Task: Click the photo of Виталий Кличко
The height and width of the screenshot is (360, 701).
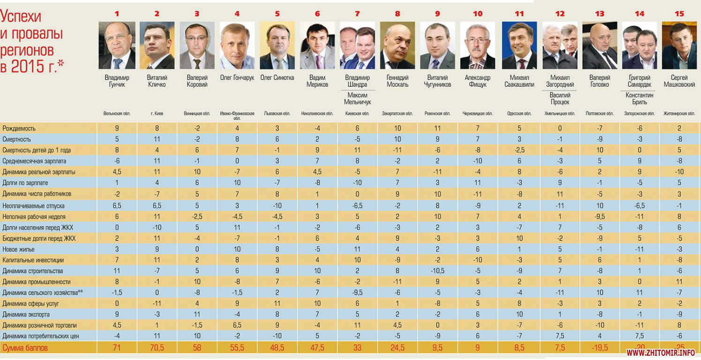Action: [157, 45]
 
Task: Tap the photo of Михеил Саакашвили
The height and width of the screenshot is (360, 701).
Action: [519, 45]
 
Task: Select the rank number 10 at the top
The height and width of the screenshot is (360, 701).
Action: [477, 14]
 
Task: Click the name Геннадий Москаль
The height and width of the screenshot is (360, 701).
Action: [397, 81]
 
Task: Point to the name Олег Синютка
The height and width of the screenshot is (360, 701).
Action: [277, 78]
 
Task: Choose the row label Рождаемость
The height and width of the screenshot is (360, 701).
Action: [19, 128]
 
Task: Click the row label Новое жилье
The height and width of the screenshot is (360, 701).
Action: [19, 249]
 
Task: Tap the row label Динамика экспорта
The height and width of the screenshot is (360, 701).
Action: [26, 315]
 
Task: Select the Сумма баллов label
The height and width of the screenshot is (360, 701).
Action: [25, 348]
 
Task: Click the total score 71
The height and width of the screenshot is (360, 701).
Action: [117, 348]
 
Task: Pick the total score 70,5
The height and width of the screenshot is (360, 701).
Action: [157, 348]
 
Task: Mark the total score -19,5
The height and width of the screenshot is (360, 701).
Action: [599, 348]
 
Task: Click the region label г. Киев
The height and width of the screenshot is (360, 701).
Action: [157, 113]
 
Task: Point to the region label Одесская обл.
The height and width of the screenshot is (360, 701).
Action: [519, 113]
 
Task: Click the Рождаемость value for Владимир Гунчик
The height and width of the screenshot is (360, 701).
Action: [117, 128]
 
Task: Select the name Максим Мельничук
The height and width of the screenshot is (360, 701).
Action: [357, 98]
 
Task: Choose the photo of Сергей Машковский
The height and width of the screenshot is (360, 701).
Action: [679, 45]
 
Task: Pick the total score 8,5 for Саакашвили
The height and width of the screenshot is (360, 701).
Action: [519, 348]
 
